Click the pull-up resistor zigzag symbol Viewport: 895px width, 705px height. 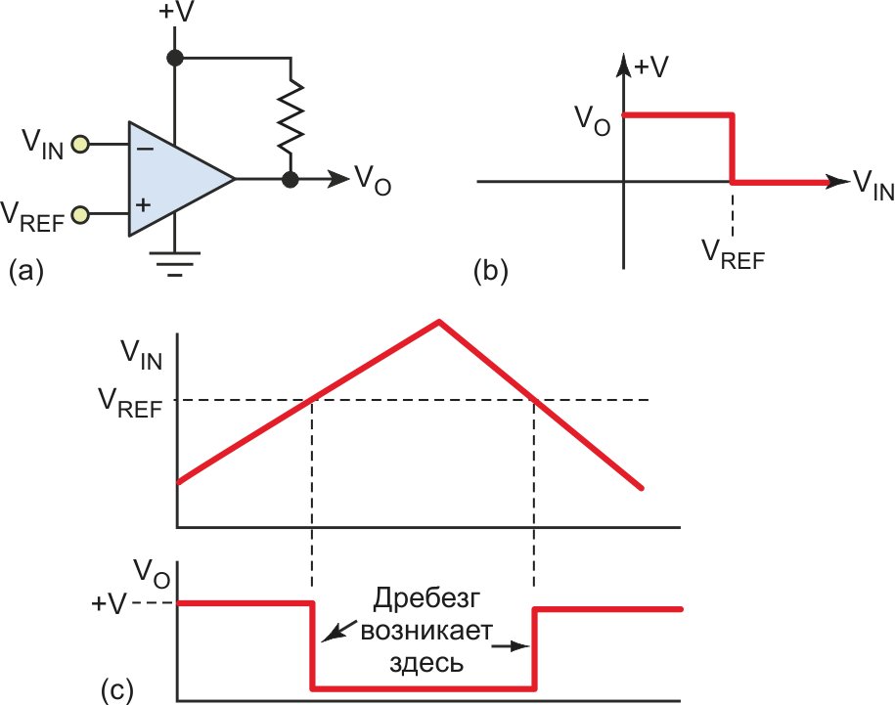pyautogui.click(x=291, y=116)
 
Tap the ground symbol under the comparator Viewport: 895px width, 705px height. pyautogui.click(x=175, y=264)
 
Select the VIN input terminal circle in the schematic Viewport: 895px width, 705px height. pyautogui.click(x=80, y=144)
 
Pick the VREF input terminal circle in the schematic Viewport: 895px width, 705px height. pyautogui.click(x=80, y=214)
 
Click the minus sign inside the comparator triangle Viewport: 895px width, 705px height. pyautogui.click(x=145, y=149)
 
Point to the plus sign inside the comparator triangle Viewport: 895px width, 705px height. pyautogui.click(x=144, y=204)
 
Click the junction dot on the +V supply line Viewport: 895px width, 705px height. pyautogui.click(x=175, y=58)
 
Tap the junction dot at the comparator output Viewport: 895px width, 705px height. pyautogui.click(x=291, y=179)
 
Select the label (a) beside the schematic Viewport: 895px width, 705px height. pyautogui.click(x=26, y=270)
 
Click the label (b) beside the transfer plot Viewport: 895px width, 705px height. pyautogui.click(x=491, y=270)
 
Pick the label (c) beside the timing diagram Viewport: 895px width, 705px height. pyautogui.click(x=117, y=690)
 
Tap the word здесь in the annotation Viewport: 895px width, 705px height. pyautogui.click(x=425, y=663)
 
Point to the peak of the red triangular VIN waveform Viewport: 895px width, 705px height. pyautogui.click(x=438, y=322)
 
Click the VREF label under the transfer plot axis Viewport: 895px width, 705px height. pyautogui.click(x=733, y=254)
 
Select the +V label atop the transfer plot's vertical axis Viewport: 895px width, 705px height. pyautogui.click(x=650, y=67)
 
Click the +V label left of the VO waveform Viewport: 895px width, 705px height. pyautogui.click(x=109, y=604)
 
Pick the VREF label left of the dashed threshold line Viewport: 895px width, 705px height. pyautogui.click(x=130, y=403)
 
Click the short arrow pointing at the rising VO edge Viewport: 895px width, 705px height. pyautogui.click(x=512, y=646)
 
